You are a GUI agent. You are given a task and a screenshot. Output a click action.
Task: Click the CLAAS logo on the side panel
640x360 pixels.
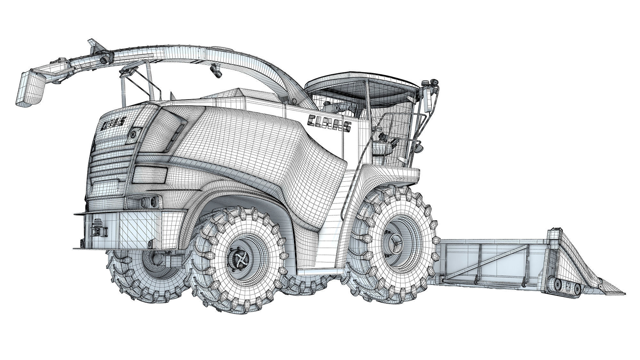tap(329, 123)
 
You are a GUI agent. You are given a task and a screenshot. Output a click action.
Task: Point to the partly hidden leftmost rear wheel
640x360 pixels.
tap(141, 272)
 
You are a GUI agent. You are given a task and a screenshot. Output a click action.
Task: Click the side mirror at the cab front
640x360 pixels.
tap(426, 101)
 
